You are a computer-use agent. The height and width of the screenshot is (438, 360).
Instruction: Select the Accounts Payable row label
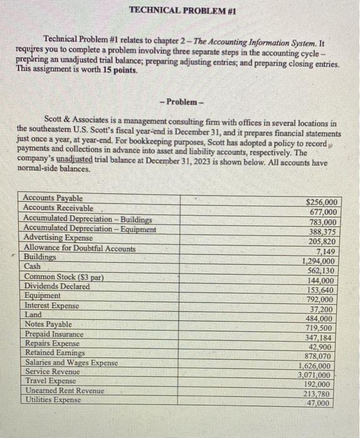(53, 198)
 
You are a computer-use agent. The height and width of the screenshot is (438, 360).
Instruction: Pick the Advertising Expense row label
(57, 238)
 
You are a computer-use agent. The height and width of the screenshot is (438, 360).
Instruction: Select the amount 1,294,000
(321, 261)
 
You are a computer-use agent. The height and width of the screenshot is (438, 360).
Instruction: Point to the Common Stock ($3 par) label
(63, 277)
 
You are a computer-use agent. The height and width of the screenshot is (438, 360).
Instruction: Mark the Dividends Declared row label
(56, 286)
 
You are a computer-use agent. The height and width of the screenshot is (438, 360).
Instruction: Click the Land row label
(32, 315)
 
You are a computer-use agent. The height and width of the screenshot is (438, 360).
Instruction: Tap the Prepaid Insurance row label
(53, 334)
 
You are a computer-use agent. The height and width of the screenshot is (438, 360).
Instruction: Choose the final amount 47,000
(323, 404)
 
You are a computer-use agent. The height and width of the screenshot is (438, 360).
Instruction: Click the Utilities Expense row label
(52, 399)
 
